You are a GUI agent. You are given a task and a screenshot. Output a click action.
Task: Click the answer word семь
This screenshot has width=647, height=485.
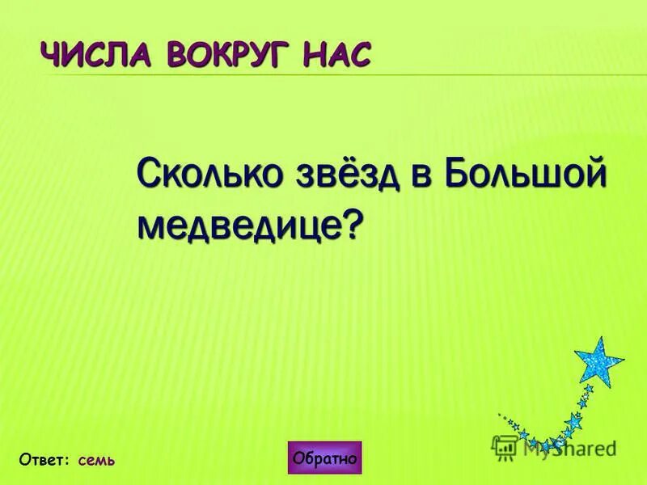coord(97,461)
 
